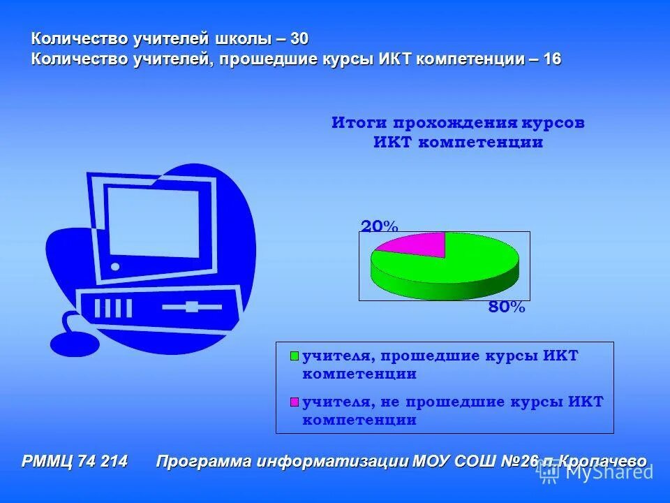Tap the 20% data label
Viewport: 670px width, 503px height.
tap(379, 226)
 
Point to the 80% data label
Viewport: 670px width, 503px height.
tap(507, 307)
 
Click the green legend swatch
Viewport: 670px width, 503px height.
tap(295, 356)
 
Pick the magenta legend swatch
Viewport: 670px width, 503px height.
tap(295, 402)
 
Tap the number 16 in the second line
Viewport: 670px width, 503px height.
tap(551, 59)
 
